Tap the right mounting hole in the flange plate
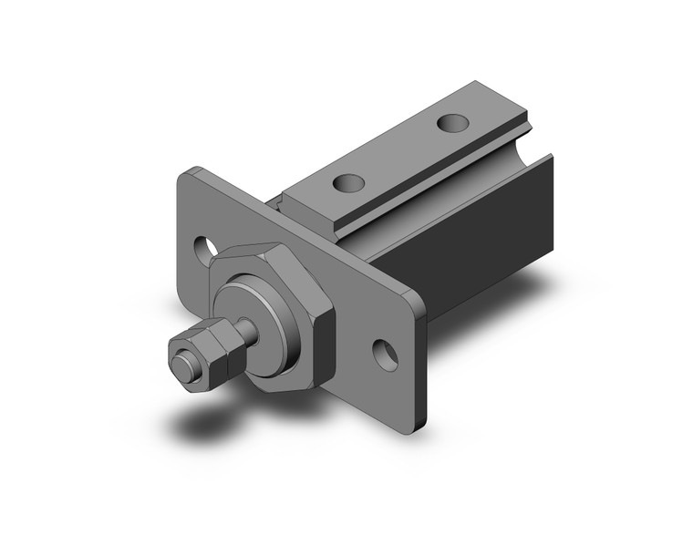pyautogui.click(x=386, y=355)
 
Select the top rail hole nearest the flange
pyautogui.click(x=346, y=183)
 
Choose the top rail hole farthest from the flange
pyautogui.click(x=450, y=121)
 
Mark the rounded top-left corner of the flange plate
pyautogui.click(x=186, y=175)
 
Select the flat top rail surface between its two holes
pyautogui.click(x=398, y=152)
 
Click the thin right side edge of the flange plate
pyautogui.click(x=420, y=365)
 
